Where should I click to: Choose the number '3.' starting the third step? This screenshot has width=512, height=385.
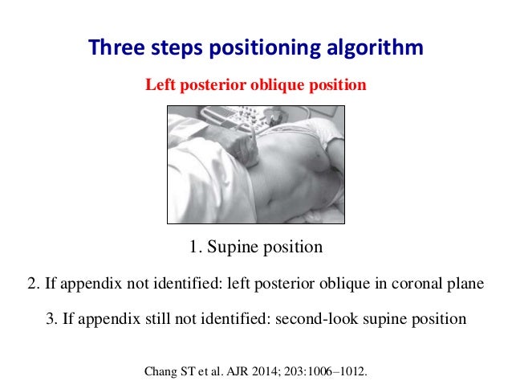(x=51, y=318)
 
